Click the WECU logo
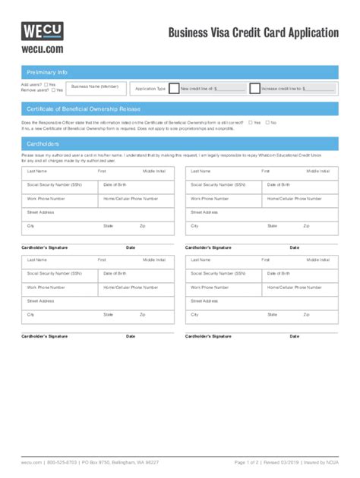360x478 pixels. click(x=42, y=31)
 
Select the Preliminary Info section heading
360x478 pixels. click(x=47, y=71)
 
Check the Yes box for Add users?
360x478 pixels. click(x=46, y=84)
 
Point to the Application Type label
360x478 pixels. click(x=150, y=89)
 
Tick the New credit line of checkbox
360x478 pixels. click(x=174, y=88)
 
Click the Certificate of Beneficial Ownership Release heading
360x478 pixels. click(x=84, y=109)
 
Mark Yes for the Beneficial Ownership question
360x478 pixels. click(x=250, y=122)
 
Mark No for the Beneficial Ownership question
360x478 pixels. click(x=267, y=122)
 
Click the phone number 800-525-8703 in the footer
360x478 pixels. click(x=62, y=462)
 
